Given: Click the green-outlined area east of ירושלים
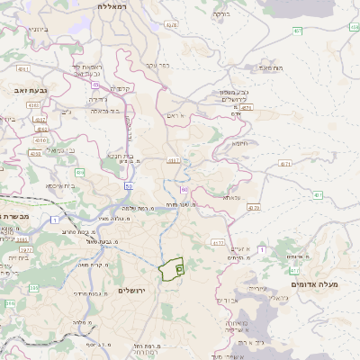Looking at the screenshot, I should point(170,269).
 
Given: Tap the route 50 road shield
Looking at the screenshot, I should point(130,185).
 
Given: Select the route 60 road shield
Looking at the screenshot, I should point(184,190).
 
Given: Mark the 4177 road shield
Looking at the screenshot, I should point(218,241).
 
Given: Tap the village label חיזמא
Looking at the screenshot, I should point(240,143).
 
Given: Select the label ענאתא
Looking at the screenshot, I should point(231,196).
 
